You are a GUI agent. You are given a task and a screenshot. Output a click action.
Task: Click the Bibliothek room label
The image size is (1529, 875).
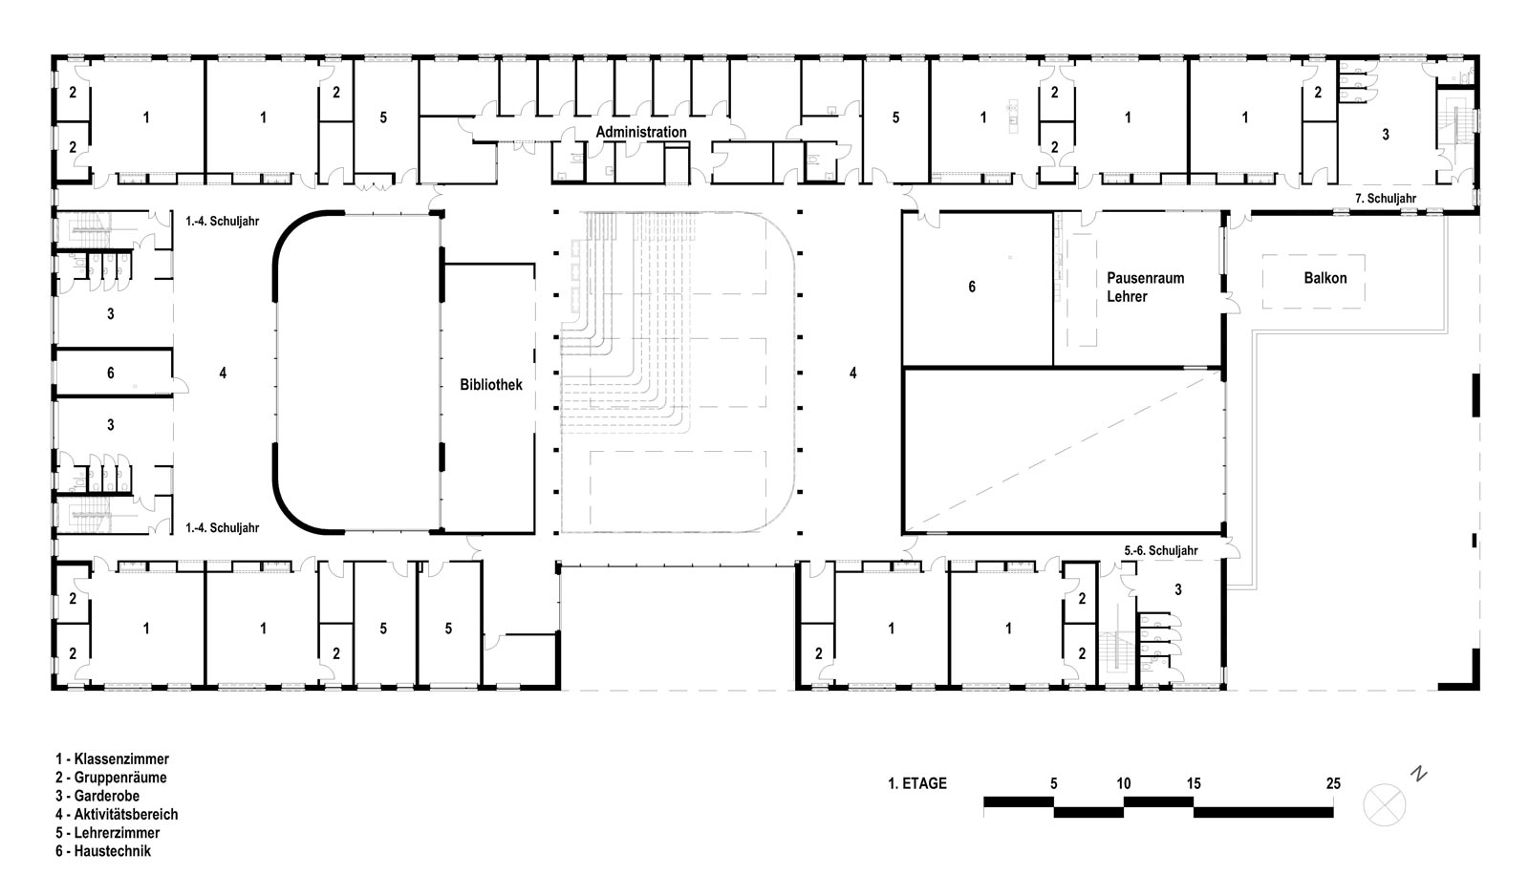491,385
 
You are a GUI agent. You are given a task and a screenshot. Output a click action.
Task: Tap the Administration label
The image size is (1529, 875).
641,132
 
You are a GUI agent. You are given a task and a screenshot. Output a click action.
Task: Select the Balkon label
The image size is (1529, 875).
1324,278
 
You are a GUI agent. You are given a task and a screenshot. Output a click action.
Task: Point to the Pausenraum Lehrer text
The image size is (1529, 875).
1146,288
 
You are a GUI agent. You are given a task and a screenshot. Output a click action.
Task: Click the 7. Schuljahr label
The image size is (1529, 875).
1386,199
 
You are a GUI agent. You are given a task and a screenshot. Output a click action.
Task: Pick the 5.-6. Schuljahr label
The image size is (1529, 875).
1161,550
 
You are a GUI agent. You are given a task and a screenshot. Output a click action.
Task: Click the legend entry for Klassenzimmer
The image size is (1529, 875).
113,759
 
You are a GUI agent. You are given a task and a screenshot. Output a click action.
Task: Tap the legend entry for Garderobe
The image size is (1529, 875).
97,796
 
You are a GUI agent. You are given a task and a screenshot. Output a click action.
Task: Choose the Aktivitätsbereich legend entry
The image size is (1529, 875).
117,814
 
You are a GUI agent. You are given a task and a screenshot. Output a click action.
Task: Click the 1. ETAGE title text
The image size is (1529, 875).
917,783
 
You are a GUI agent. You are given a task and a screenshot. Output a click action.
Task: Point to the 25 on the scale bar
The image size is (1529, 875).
1333,783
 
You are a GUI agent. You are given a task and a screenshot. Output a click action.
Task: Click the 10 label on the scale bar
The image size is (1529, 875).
1124,783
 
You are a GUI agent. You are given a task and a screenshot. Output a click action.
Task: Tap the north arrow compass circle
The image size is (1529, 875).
1385,804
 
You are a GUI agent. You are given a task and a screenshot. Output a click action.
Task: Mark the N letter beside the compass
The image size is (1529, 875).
1419,775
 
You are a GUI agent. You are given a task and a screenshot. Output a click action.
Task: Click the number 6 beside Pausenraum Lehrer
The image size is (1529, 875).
972,287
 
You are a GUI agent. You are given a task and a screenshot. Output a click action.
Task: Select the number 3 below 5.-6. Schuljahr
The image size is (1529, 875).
1178,589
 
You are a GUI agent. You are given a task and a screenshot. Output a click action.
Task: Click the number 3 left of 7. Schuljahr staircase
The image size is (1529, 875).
1386,135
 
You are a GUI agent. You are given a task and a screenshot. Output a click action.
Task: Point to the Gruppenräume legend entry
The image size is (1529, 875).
111,778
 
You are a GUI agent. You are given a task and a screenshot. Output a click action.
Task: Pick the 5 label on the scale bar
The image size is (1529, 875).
1053,783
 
